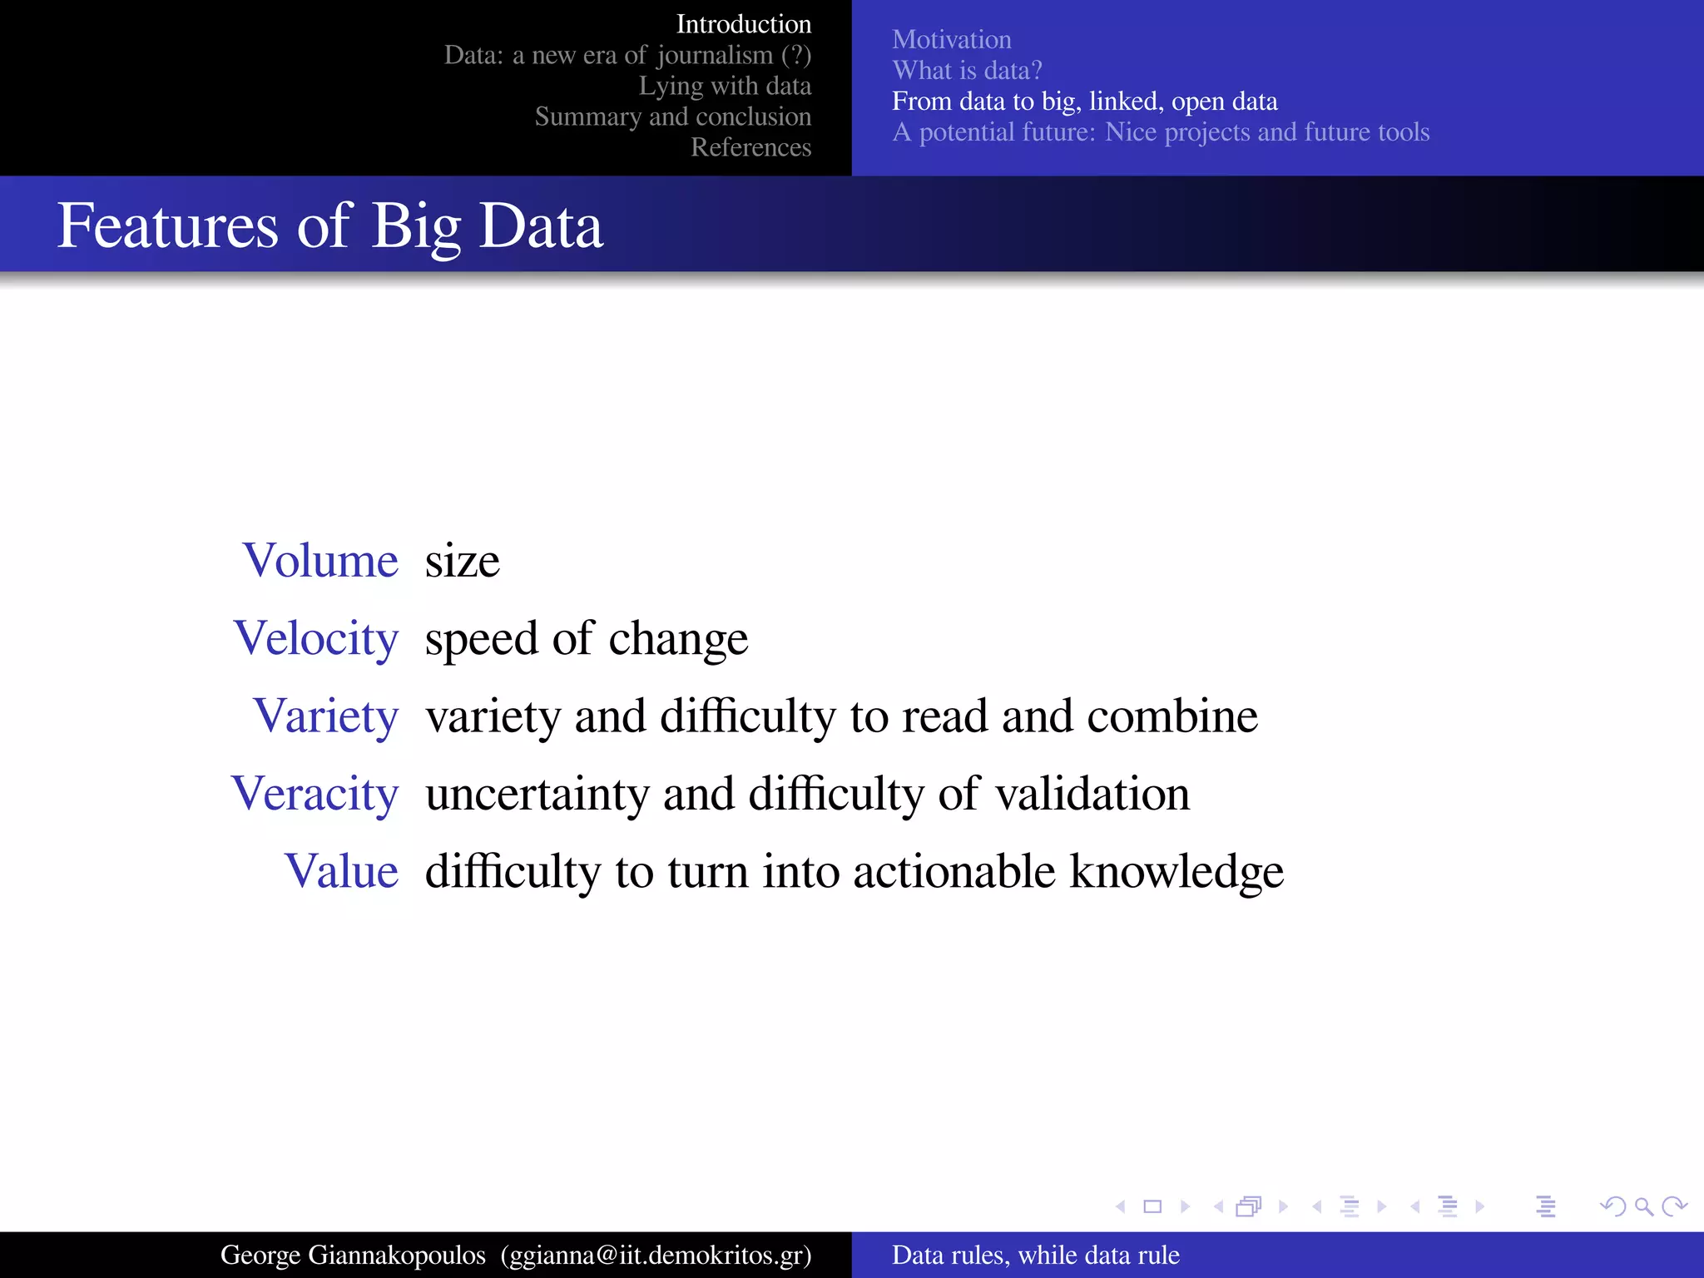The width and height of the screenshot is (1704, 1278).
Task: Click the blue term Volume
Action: pos(320,561)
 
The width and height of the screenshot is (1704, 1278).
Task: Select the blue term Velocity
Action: pos(316,638)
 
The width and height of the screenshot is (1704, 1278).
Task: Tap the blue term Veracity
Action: pos(315,794)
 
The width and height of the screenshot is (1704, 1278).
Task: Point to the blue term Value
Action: pos(341,871)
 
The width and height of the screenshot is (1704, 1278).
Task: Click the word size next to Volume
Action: pos(462,561)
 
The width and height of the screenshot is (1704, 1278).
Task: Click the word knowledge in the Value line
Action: pos(1176,871)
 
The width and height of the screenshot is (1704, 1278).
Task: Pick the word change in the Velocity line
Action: pos(678,639)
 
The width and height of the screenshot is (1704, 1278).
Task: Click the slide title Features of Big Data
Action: pos(329,225)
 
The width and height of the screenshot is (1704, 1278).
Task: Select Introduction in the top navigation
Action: pos(743,24)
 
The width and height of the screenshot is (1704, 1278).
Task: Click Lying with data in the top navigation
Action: pos(724,86)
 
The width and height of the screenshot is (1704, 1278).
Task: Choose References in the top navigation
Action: pos(750,147)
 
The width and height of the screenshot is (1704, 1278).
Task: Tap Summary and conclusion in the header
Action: pos(672,116)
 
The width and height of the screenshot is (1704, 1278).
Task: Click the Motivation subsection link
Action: pos(952,39)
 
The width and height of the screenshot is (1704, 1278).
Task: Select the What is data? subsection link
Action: pos(967,70)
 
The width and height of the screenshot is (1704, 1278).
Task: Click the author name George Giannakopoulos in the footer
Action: pos(353,1255)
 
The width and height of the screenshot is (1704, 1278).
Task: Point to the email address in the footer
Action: pos(656,1255)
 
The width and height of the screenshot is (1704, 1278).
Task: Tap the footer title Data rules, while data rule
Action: pos(1036,1255)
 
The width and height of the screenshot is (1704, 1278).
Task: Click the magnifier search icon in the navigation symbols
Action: pos(1643,1206)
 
